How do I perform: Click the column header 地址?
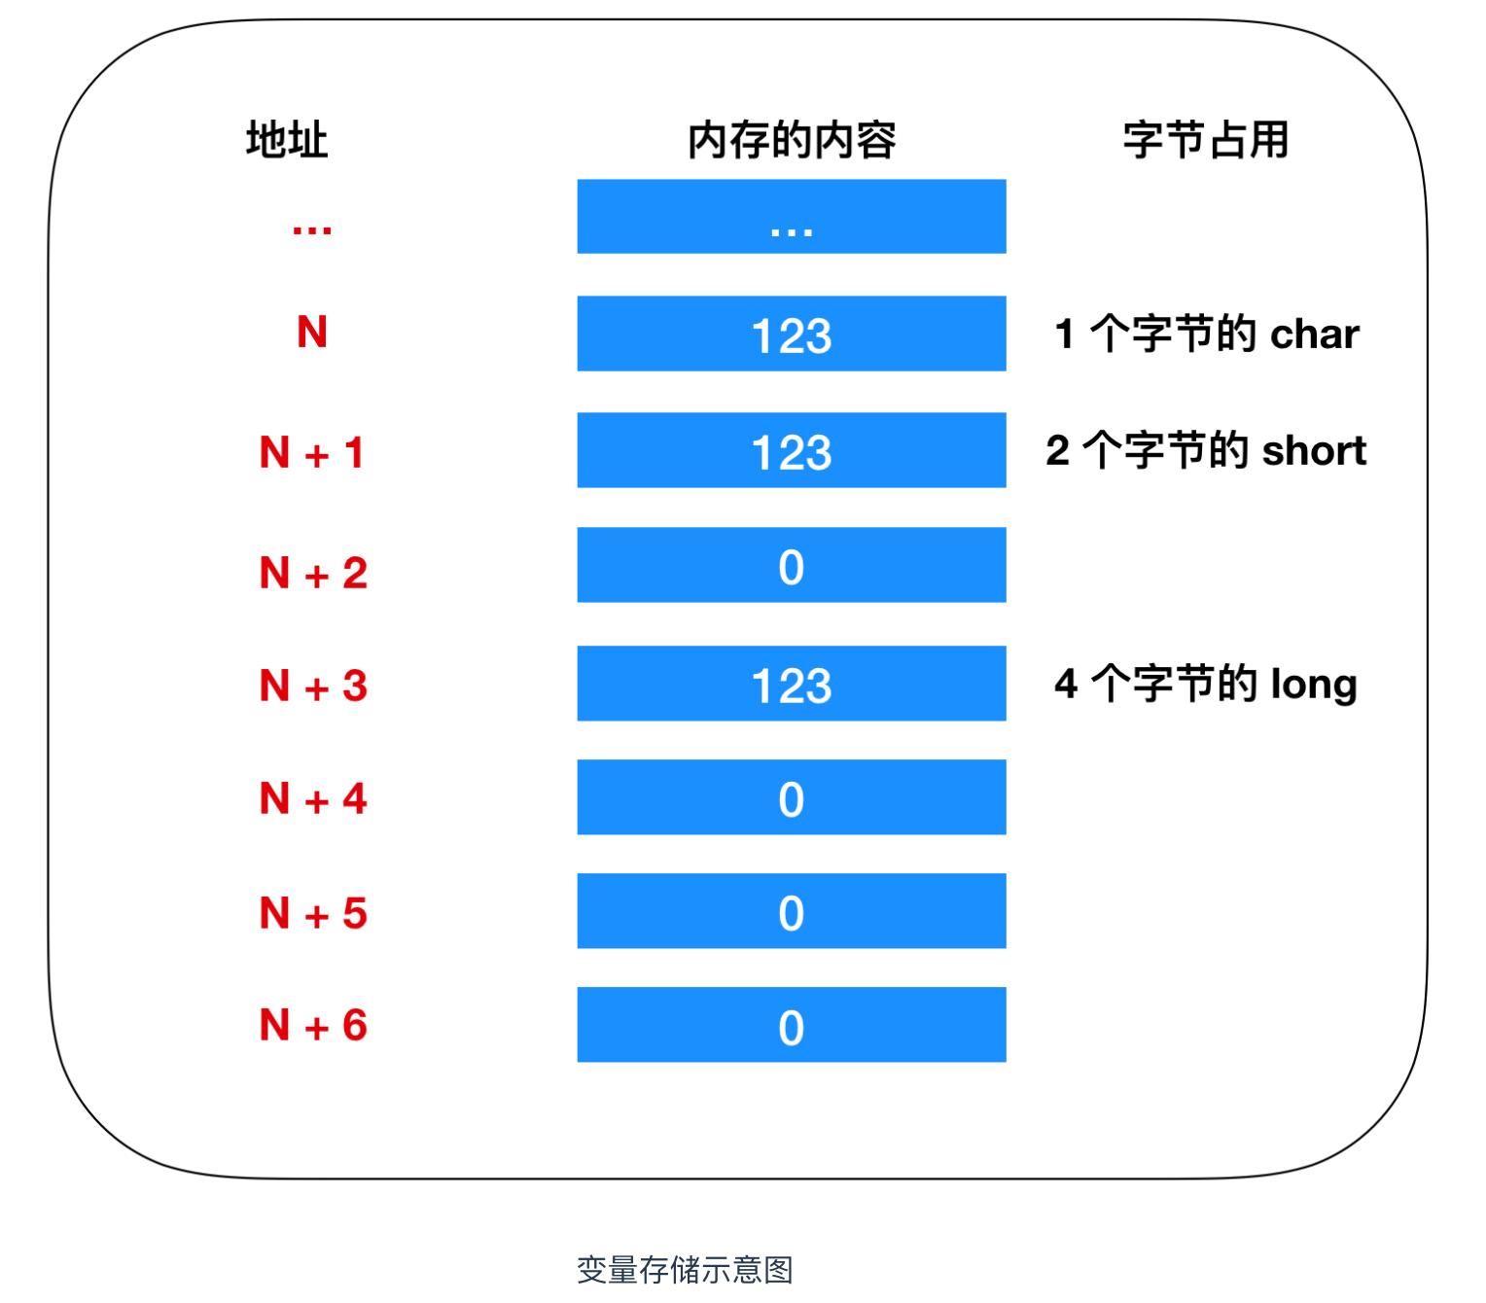(x=287, y=140)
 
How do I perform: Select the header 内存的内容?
(x=791, y=140)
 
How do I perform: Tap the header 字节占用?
(x=1206, y=140)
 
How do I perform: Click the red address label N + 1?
(x=312, y=453)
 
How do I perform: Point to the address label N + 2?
(x=313, y=573)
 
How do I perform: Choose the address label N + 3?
(x=313, y=687)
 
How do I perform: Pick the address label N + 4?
(x=313, y=799)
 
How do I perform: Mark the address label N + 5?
(x=313, y=913)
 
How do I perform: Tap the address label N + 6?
(x=313, y=1026)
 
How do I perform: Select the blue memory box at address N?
(x=791, y=334)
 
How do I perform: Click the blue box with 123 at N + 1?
(x=791, y=450)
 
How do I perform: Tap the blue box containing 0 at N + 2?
(x=791, y=565)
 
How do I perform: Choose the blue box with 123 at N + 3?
(x=791, y=684)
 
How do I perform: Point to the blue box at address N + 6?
(x=791, y=1025)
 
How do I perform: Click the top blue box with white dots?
(x=791, y=217)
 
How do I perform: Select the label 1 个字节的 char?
(x=1206, y=334)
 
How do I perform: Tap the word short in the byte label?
(x=1314, y=450)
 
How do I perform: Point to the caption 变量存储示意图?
(x=685, y=1269)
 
